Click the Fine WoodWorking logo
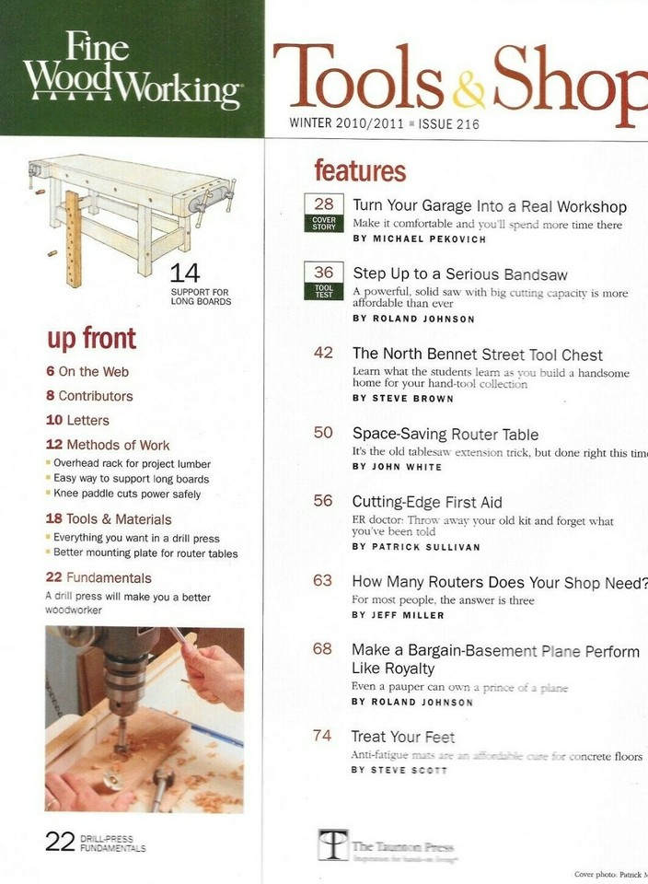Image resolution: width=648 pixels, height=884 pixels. point(132,70)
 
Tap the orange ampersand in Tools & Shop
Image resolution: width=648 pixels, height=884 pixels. point(469,90)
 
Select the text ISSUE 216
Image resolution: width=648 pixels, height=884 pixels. point(449,124)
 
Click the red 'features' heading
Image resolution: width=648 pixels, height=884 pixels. point(359,171)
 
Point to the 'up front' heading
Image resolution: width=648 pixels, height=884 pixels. point(91,338)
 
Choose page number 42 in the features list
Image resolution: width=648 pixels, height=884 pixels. point(323,354)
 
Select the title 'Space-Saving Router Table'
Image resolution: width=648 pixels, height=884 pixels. point(445,434)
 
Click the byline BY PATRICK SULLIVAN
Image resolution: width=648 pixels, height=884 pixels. point(415,546)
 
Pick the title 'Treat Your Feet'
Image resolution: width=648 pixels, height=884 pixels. point(403,737)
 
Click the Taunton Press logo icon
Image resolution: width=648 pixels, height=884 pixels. point(332,843)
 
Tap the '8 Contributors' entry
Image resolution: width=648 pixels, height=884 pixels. point(89,396)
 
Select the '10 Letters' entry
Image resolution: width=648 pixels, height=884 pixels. point(77,420)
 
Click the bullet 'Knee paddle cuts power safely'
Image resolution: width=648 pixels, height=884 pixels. point(126,494)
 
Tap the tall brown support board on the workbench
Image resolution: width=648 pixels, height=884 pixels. point(73,238)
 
